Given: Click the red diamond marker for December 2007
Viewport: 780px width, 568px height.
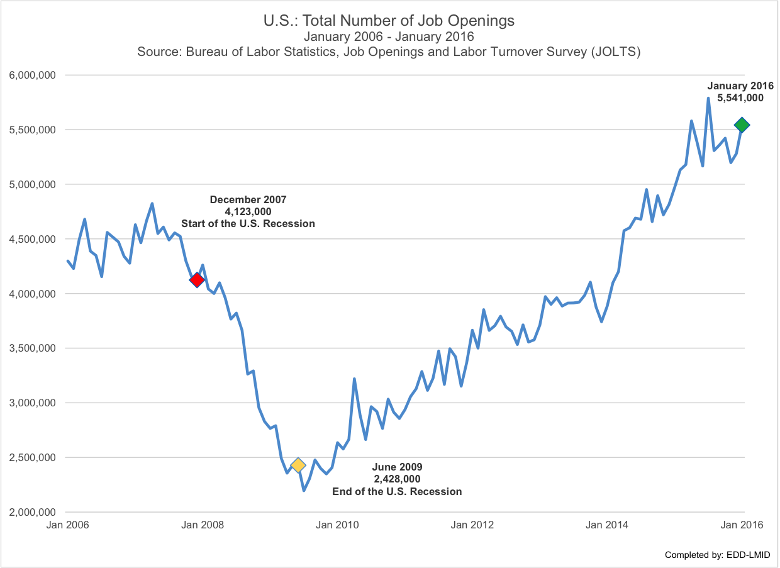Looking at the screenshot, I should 197,280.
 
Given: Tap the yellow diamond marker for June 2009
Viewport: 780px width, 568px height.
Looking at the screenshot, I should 298,465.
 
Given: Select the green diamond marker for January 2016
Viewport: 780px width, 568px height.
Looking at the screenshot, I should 742,125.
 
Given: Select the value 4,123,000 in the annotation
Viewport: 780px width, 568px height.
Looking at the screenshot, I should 248,211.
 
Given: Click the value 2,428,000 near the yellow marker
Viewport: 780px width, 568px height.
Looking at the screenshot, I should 397,479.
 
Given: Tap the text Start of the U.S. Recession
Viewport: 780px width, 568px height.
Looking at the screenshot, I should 248,223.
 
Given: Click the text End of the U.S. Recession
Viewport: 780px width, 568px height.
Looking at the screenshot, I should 397,491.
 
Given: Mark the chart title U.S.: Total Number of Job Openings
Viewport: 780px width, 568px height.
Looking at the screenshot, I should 389,21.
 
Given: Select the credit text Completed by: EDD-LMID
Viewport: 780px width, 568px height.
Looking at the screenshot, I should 717,555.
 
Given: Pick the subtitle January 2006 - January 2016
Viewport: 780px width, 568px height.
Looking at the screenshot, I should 389,36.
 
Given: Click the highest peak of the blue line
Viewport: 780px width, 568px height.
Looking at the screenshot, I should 708,98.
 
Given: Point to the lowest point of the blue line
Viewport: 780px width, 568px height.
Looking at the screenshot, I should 304,490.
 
